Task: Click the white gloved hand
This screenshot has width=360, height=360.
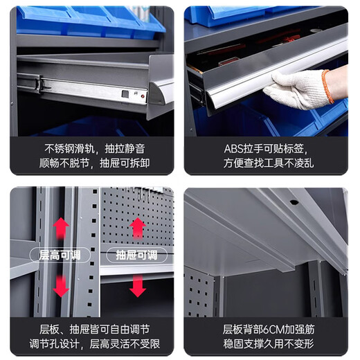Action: pyautogui.click(x=297, y=89)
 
